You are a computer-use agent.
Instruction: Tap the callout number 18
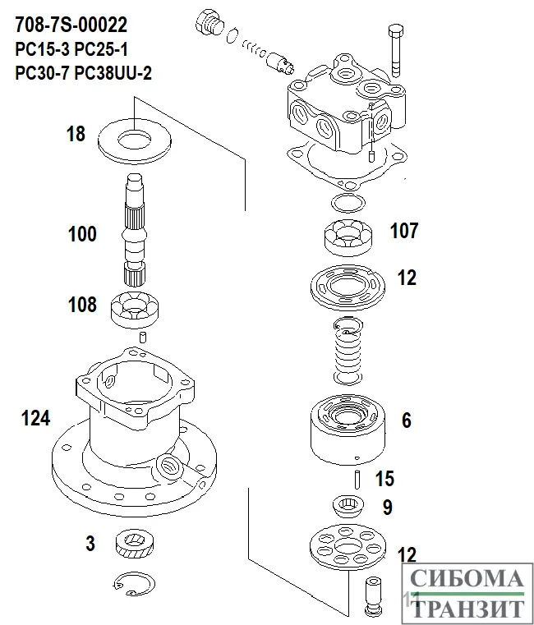tap(76, 134)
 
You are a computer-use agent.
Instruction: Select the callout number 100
tap(82, 235)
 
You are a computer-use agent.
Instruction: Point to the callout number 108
tap(82, 306)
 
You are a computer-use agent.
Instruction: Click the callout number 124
tap(35, 419)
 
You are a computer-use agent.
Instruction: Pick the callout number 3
tap(90, 543)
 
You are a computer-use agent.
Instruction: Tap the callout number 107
tap(404, 231)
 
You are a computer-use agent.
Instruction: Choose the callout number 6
tap(406, 421)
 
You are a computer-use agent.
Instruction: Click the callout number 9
tap(387, 508)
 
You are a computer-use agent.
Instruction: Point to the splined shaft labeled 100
tap(135, 231)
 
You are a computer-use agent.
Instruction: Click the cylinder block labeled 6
tap(344, 426)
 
